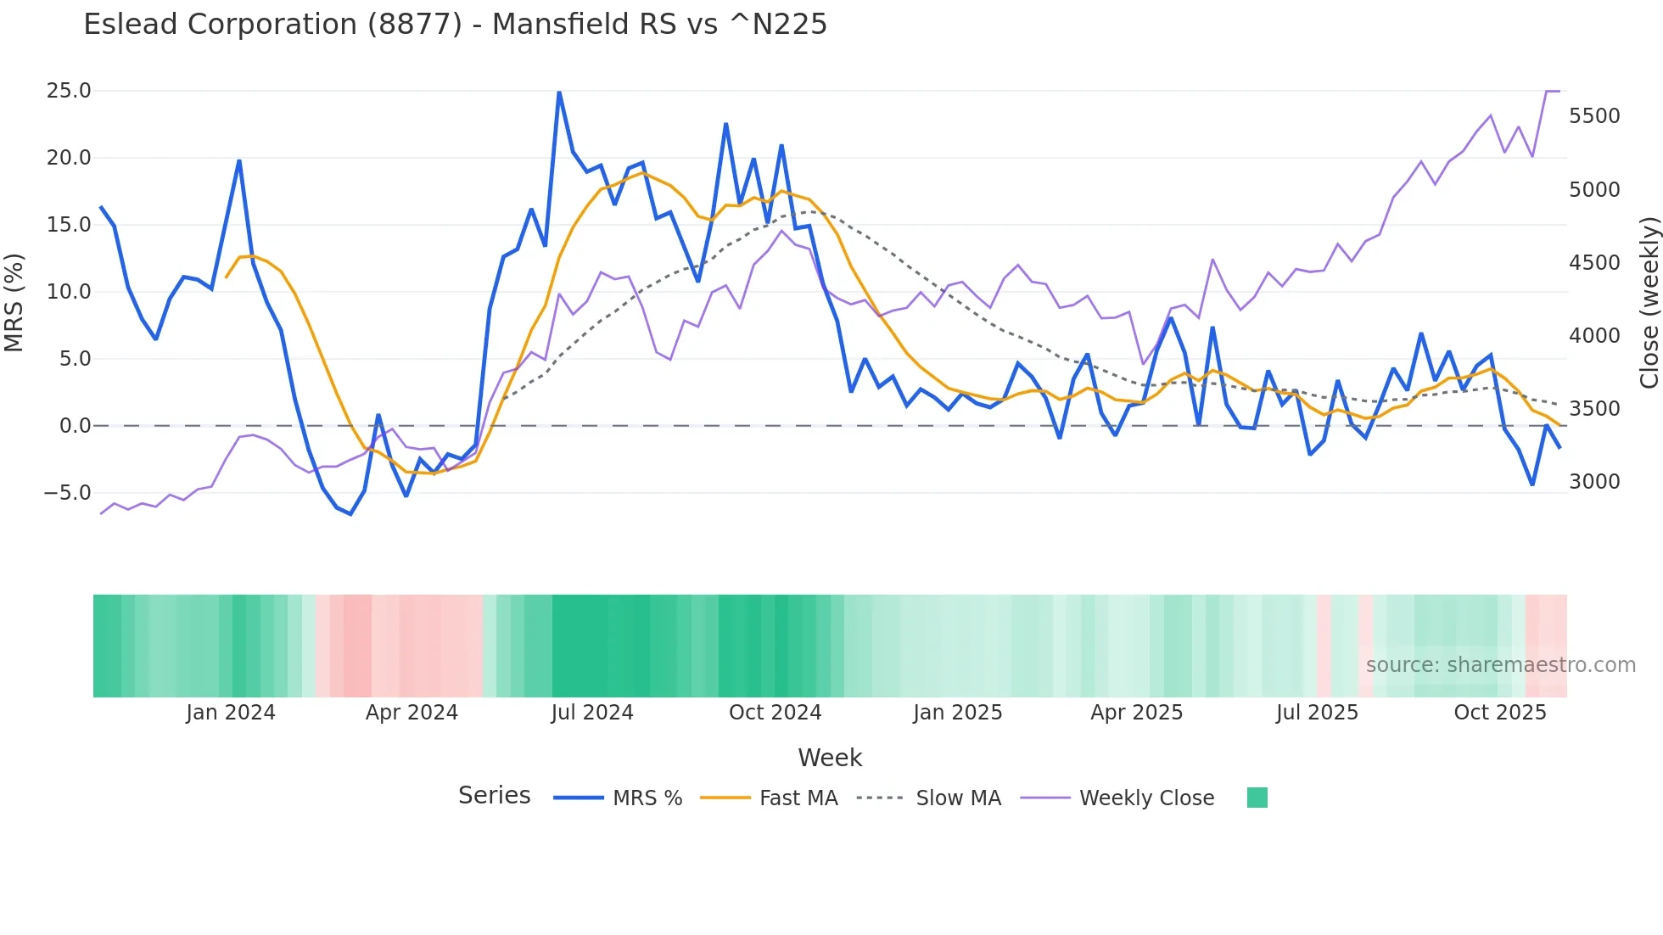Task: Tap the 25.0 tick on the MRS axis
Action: point(68,91)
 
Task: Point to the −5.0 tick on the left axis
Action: point(67,493)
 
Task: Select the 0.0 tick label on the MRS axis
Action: point(74,426)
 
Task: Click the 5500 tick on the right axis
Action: point(1594,116)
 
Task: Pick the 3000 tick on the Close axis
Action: point(1594,482)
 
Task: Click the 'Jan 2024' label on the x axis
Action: point(231,713)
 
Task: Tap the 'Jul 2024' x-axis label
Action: point(592,713)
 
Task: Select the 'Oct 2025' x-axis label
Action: point(1500,713)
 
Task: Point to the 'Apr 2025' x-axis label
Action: point(1136,713)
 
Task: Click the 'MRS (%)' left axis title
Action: point(14,302)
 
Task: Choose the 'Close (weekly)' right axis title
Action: point(1649,303)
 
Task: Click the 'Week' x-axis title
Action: point(830,758)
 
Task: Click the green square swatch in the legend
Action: point(1257,798)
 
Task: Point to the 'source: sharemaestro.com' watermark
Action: point(1500,665)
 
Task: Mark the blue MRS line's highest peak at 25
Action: point(559,92)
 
